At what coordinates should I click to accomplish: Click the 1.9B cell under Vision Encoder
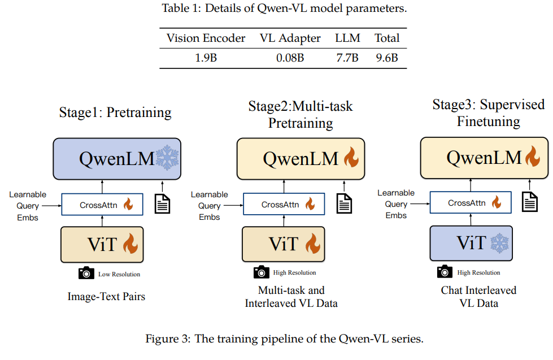coord(206,58)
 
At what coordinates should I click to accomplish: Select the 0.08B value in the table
coord(290,58)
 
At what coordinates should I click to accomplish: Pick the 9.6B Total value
coord(387,58)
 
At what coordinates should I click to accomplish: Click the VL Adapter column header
coord(290,38)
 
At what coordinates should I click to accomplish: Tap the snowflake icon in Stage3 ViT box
coord(500,244)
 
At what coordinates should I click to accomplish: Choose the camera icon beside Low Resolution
coord(86,274)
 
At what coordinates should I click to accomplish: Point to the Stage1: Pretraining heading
coord(115,112)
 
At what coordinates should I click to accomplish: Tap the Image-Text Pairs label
coord(106,296)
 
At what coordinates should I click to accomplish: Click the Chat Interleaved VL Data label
coord(478,296)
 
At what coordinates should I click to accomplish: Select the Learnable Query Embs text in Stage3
coord(396,204)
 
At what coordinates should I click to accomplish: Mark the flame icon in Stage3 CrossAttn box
coord(496,202)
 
